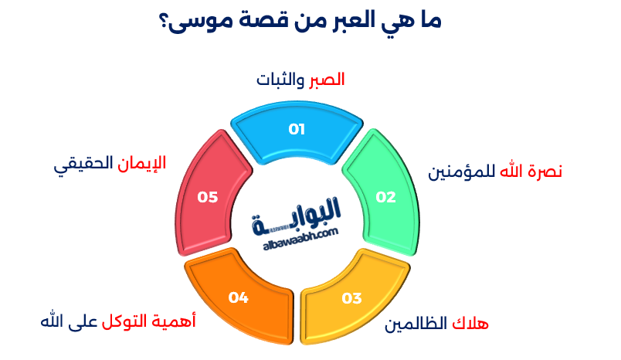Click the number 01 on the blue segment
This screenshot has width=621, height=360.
[x=297, y=129]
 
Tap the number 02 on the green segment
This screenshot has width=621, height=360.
[x=385, y=197]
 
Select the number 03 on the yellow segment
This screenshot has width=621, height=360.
[x=351, y=298]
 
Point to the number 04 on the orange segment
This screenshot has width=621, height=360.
[x=239, y=297]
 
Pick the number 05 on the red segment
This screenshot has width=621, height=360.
[x=208, y=197]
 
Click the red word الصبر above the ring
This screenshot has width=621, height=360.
[x=327, y=80]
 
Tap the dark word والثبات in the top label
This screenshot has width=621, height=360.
[x=280, y=80]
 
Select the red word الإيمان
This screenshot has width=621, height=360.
[x=142, y=163]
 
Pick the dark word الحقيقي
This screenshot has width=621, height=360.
[x=83, y=164]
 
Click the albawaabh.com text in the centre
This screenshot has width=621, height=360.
[x=300, y=239]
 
